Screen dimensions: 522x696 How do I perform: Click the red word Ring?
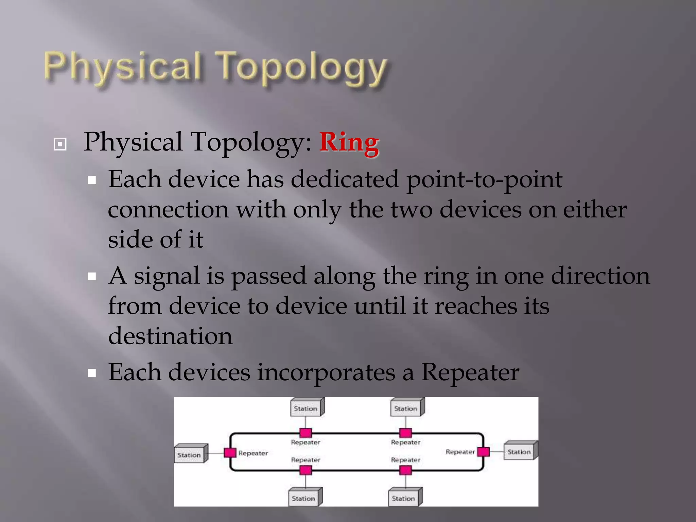(x=349, y=143)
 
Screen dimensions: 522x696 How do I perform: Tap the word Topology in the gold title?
(x=302, y=68)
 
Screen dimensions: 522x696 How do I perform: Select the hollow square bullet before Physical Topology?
(x=60, y=144)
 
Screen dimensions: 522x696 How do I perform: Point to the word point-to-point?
(x=484, y=180)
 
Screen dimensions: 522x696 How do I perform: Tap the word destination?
(x=170, y=336)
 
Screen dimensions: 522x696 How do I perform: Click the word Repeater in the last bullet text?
(x=470, y=372)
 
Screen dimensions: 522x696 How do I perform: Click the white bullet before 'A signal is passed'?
(x=92, y=277)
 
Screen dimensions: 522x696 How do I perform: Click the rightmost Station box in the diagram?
(x=520, y=451)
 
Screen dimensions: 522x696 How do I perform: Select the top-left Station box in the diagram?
(x=306, y=407)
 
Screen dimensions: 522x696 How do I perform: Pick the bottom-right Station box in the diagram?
(x=404, y=498)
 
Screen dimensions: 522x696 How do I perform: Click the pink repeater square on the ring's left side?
(x=230, y=453)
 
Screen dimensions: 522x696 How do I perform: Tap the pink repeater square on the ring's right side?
(x=483, y=452)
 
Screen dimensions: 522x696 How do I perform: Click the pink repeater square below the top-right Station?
(x=405, y=433)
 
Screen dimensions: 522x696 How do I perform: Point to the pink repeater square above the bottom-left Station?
(x=306, y=470)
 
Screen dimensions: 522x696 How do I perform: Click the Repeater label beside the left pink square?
(x=253, y=453)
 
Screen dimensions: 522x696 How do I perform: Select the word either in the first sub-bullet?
(x=595, y=210)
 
